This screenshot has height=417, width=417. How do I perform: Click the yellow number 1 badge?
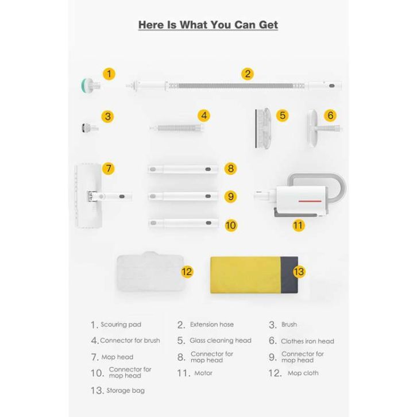(x=109, y=74)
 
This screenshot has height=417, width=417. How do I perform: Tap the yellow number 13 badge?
(x=299, y=272)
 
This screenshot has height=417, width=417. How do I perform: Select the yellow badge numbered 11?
(x=298, y=226)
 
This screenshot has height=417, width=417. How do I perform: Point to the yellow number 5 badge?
(x=283, y=115)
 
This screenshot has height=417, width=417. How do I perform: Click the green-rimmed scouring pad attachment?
(x=90, y=86)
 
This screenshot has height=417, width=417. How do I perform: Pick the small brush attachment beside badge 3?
(x=90, y=128)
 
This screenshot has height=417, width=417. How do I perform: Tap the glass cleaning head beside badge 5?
(x=262, y=128)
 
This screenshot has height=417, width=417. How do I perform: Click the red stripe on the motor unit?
(x=310, y=201)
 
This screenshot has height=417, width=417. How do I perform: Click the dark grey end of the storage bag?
(x=289, y=275)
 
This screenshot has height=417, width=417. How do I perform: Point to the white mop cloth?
(x=150, y=271)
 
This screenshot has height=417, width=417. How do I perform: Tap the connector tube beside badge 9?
(x=183, y=196)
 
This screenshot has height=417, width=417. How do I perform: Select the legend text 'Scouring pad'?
(x=121, y=325)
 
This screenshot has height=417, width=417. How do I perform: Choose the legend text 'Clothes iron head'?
(x=307, y=341)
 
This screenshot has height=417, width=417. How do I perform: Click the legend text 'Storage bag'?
(x=126, y=391)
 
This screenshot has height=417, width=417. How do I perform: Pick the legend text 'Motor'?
(x=203, y=373)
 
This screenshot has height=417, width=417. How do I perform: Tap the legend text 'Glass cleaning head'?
(x=221, y=341)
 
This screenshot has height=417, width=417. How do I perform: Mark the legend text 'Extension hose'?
(x=212, y=325)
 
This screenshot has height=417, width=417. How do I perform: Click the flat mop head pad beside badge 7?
(x=88, y=196)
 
